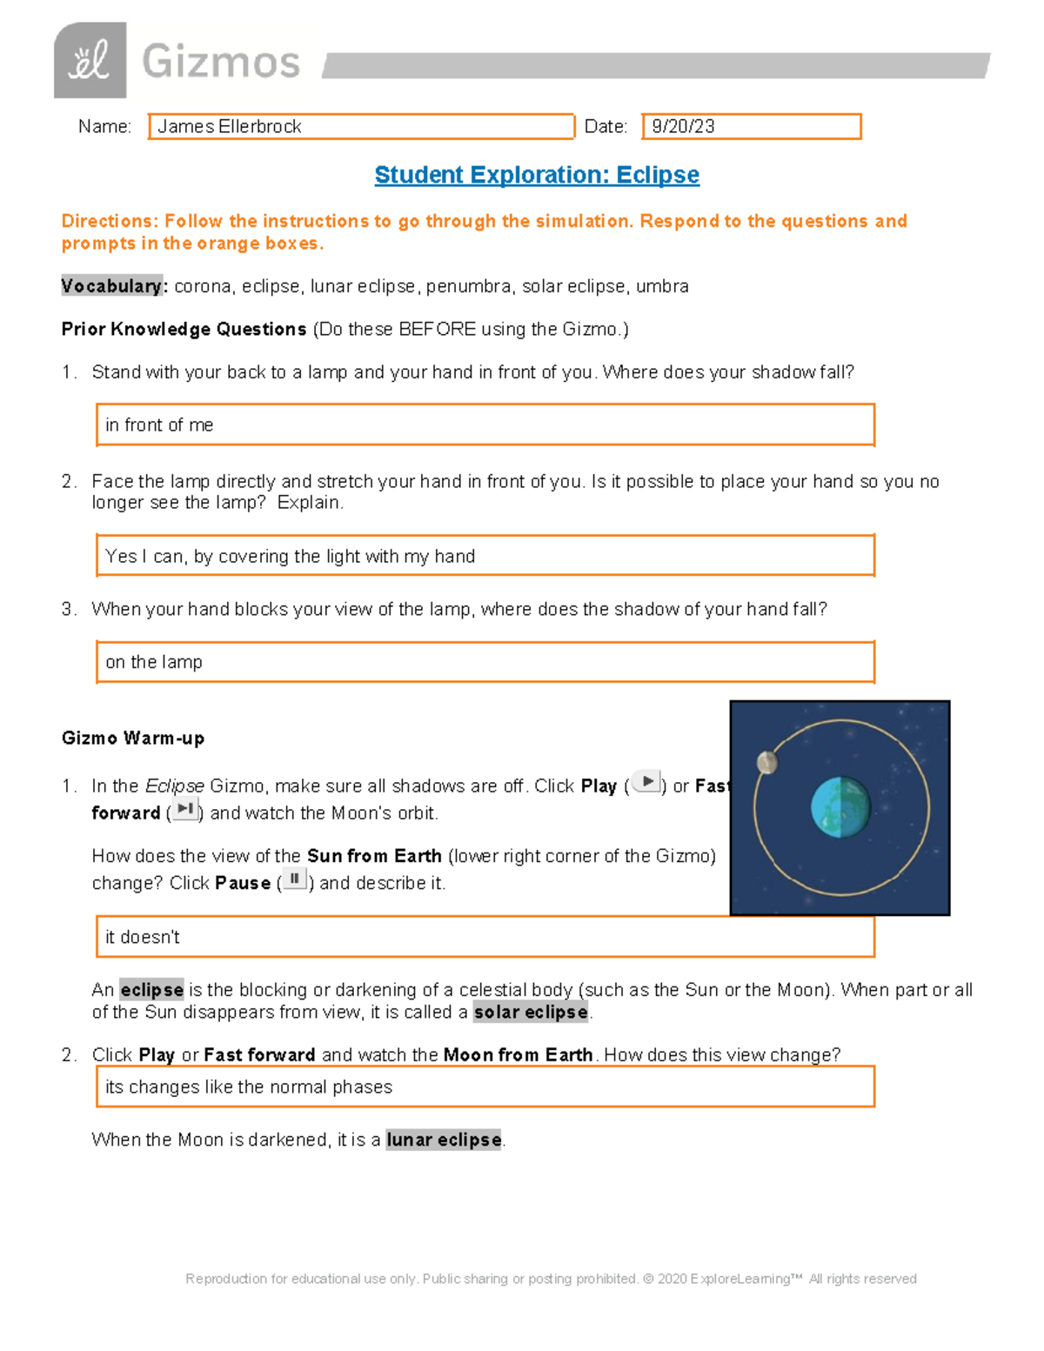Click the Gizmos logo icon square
click(x=90, y=61)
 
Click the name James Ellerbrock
click(x=230, y=127)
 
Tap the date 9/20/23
click(x=684, y=127)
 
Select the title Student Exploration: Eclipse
click(x=537, y=175)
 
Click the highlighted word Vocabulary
click(x=111, y=286)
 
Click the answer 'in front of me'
click(x=159, y=425)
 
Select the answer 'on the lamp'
click(x=154, y=662)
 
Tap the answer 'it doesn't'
click(x=143, y=937)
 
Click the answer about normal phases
click(x=249, y=1087)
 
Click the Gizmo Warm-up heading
click(x=133, y=739)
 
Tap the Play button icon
click(x=646, y=782)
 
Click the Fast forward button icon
click(x=184, y=809)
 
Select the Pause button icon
click(x=294, y=879)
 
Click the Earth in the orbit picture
click(x=840, y=808)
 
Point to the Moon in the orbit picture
click(x=766, y=763)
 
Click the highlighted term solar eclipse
click(x=531, y=1013)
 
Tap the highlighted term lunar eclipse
click(x=444, y=1140)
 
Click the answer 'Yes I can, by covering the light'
click(x=290, y=557)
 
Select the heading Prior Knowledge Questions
click(x=184, y=330)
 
